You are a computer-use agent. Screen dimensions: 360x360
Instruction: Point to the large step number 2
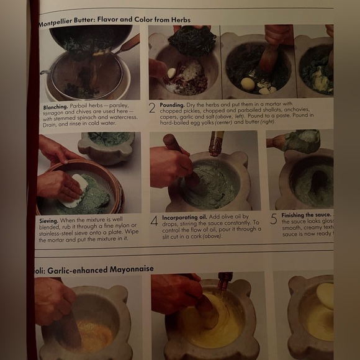[x=152, y=108]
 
